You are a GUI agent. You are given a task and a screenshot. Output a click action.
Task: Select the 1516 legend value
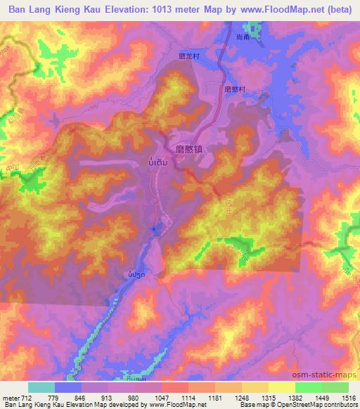348,397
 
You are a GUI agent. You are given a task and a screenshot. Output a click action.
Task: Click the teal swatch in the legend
41,387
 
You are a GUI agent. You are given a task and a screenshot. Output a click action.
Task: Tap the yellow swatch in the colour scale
281,387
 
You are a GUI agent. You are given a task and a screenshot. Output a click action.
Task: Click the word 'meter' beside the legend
11,397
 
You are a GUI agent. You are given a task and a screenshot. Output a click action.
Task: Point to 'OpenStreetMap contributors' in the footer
320,405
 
